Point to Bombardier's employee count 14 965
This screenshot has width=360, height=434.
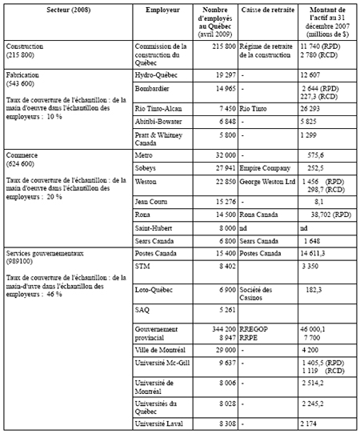219,86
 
